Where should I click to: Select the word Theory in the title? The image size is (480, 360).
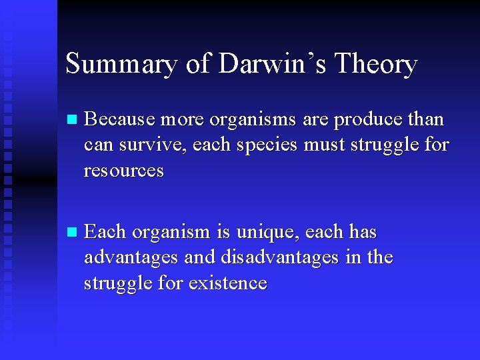376,64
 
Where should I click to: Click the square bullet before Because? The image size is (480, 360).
72,120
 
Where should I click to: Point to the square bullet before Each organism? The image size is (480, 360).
72,233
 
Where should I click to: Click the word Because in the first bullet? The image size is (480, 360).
118,119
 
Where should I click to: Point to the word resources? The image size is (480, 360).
124,170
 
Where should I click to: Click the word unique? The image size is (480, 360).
263,233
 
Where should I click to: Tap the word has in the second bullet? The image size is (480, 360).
363,233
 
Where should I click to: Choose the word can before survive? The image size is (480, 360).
97,145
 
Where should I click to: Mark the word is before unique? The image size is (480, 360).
222,233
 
